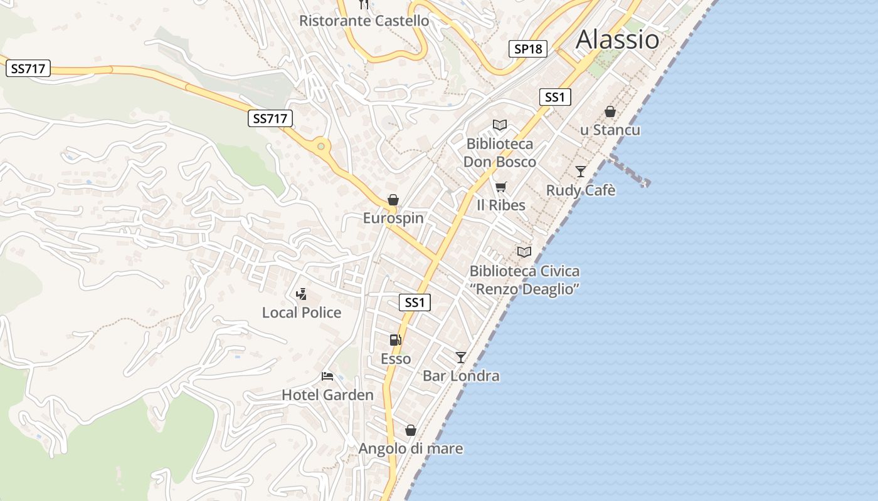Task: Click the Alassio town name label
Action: [617, 39]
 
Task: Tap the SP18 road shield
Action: [527, 49]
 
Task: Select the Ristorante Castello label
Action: [364, 21]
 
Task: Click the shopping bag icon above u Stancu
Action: [610, 112]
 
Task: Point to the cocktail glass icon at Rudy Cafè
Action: [581, 171]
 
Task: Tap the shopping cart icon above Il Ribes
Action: [500, 187]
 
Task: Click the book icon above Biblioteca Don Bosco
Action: [499, 125]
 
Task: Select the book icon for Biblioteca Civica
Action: [524, 252]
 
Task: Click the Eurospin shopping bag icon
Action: [393, 200]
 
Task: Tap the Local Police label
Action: [302, 312]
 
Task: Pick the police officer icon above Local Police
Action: [302, 294]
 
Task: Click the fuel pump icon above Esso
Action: [395, 340]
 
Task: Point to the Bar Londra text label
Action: [461, 376]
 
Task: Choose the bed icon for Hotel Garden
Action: [327, 376]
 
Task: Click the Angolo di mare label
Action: [411, 448]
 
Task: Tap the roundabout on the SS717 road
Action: [321, 147]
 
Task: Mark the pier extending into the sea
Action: [629, 170]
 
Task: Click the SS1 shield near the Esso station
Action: [415, 302]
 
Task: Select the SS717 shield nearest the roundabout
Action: [270, 118]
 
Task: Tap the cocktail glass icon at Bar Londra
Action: [461, 357]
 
